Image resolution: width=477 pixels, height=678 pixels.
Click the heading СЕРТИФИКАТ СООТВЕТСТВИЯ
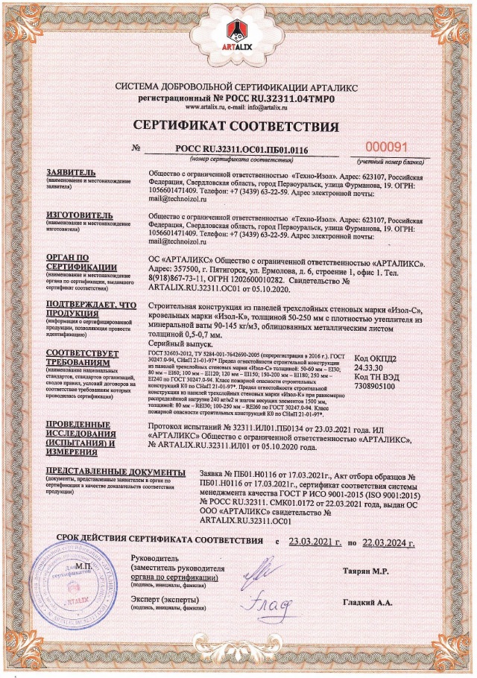coord(238,123)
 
